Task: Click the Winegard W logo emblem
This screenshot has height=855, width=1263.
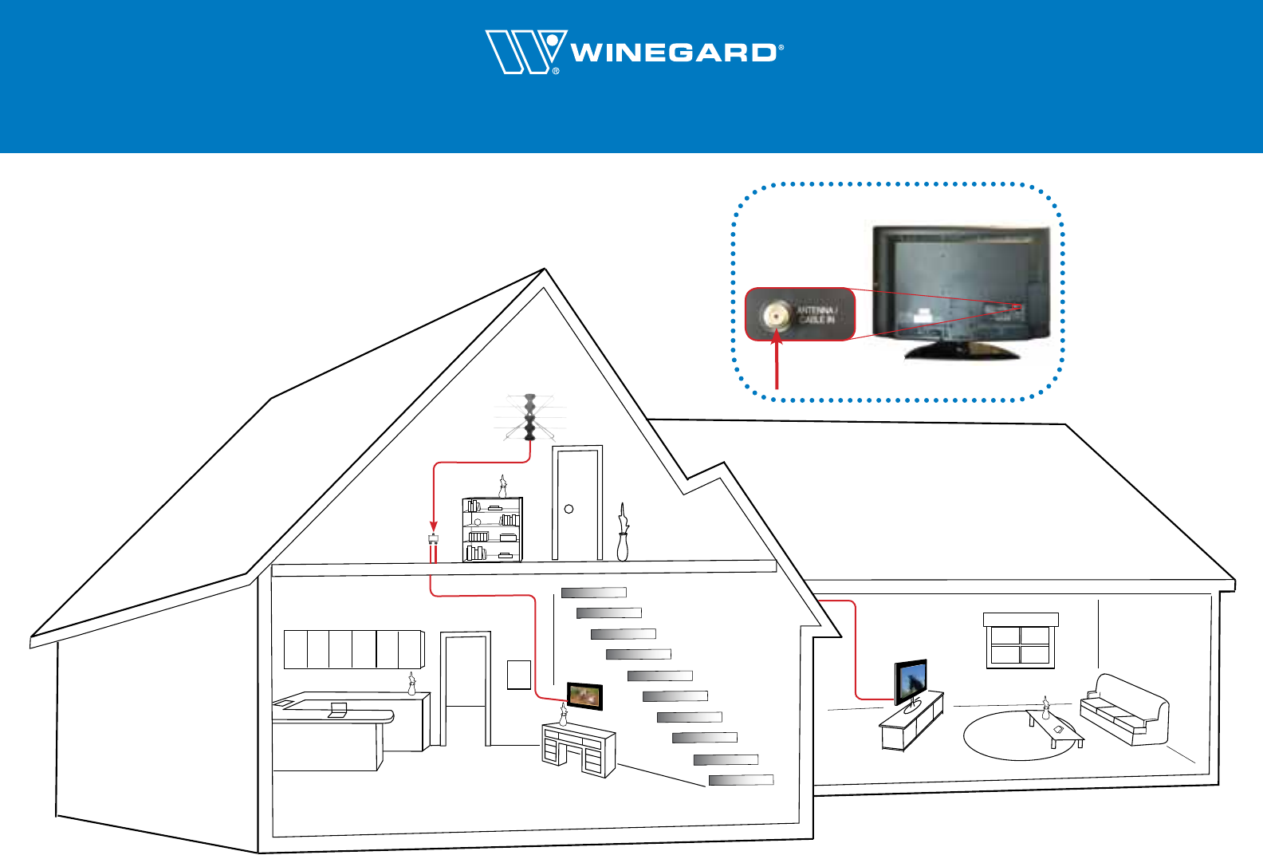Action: point(524,52)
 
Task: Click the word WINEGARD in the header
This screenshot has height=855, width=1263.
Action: point(674,53)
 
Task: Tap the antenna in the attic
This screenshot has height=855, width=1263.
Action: point(529,418)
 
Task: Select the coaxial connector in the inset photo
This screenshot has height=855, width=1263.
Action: point(774,316)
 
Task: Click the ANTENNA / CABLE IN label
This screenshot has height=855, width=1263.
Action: point(816,314)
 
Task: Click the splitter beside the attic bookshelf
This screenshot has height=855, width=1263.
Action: point(433,538)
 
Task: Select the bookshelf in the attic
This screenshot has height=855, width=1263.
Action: point(492,530)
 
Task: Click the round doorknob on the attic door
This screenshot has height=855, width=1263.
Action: point(569,509)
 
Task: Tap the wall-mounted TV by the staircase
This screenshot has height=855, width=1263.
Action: point(584,696)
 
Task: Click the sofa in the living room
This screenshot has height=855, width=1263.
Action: point(1123,710)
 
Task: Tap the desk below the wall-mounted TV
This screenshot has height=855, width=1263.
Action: point(578,750)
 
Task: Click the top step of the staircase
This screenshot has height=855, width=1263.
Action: point(594,593)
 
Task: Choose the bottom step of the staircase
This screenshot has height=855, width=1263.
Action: point(741,780)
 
